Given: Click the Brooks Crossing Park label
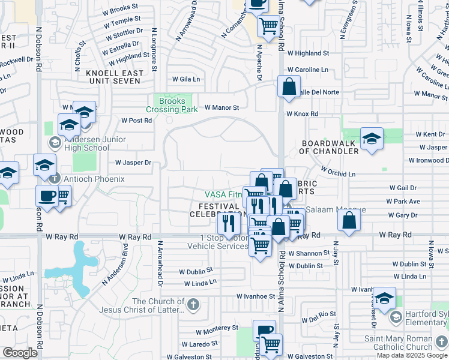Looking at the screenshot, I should click(172, 105).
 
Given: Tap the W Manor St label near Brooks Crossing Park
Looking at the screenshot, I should click(221, 108).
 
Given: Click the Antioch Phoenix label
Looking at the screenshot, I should click(88, 179).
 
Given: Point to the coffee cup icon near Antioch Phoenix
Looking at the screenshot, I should click(47, 196).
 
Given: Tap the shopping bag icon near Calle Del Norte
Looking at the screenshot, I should click(289, 86).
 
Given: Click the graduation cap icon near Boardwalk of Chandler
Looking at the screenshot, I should click(372, 138).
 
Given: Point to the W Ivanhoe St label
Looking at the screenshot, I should click(255, 296).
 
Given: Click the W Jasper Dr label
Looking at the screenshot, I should click(133, 163).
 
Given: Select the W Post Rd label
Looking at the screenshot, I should click(136, 120).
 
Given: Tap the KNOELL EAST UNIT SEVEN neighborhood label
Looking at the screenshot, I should click(115, 77).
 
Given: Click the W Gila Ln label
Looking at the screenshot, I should click(186, 79).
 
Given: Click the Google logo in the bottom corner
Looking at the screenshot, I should click(20, 353).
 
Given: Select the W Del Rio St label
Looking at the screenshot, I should click(318, 314).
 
